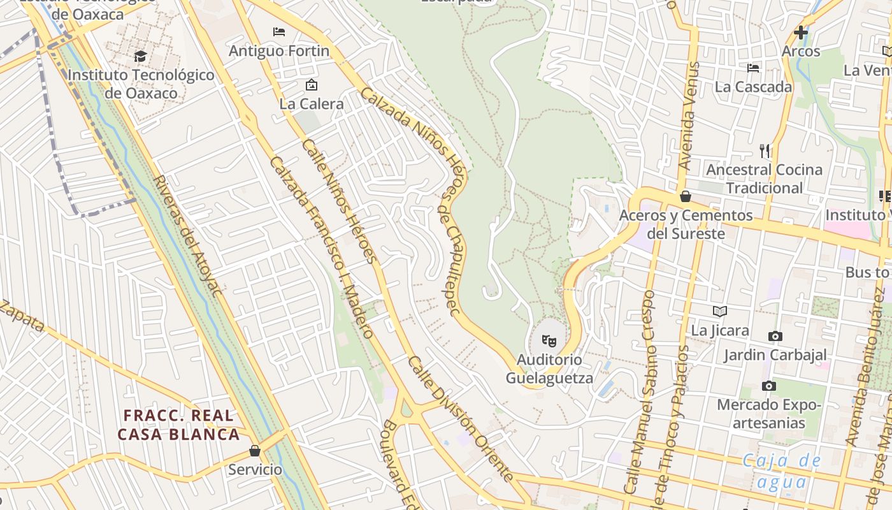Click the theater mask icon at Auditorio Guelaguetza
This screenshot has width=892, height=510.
coord(549,341)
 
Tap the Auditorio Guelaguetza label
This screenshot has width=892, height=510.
coord(549,369)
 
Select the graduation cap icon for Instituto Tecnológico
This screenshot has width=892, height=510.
coord(140,56)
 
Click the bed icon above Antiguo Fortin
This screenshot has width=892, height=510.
coord(279,31)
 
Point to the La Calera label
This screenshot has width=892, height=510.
coord(312,103)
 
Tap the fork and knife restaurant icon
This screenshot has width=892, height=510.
coord(765,151)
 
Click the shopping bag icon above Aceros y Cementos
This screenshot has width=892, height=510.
coord(686,196)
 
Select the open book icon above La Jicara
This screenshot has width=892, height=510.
coord(720,311)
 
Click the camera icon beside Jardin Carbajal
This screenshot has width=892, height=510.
coord(775,336)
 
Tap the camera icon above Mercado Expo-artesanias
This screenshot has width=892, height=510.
coord(769,386)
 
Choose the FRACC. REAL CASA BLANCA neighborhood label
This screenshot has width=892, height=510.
coord(179,425)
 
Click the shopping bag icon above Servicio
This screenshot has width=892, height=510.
coord(255,451)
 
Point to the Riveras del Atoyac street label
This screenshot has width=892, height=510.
coord(187,236)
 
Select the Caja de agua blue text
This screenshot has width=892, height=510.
coord(781,471)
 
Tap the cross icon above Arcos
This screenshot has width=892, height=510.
coord(801,32)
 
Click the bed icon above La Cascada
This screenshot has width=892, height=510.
coord(753,68)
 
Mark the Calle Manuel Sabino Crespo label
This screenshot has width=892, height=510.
coord(640,392)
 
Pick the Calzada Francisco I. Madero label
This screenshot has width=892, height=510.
coord(321,247)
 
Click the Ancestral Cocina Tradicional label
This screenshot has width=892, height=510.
coord(764,178)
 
